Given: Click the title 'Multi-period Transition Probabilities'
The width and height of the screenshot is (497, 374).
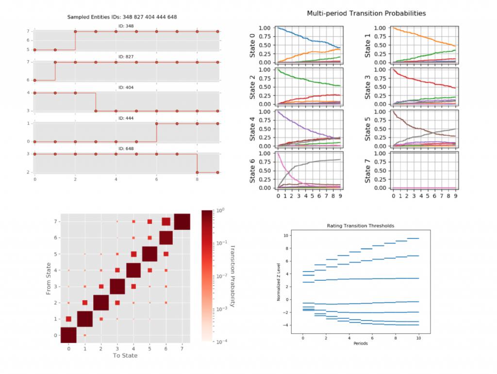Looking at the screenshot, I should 366,13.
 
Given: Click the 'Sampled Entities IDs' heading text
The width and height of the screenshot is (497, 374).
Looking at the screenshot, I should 121,17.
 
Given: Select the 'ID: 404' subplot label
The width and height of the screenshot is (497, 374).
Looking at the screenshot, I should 126,87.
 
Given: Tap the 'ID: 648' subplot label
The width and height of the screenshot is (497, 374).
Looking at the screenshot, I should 126,149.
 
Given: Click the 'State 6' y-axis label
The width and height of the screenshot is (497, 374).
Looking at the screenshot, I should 253,170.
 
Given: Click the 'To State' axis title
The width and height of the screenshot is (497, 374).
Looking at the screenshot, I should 125,356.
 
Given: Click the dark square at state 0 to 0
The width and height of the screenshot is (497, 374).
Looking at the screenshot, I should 68,335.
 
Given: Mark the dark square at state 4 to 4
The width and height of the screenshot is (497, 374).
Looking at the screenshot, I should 133,270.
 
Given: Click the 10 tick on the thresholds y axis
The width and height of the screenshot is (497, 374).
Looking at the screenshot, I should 286,236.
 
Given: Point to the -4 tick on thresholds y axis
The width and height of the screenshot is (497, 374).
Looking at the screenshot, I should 286,325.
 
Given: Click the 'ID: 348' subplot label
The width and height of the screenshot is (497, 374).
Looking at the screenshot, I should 126,26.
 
